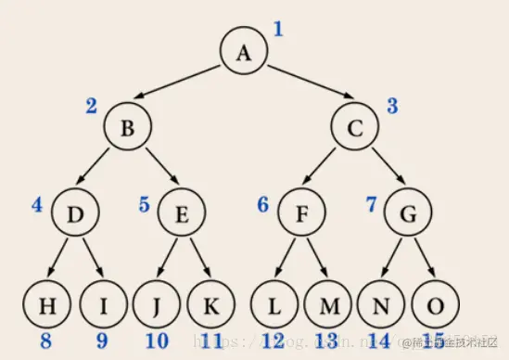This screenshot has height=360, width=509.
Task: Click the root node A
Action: (x=243, y=52)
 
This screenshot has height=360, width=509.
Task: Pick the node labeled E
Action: (x=182, y=214)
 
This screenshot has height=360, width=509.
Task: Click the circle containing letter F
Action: (x=300, y=214)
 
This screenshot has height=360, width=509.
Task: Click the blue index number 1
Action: (x=277, y=29)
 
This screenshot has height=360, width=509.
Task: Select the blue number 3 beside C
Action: (x=392, y=106)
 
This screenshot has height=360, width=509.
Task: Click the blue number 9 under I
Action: (x=102, y=341)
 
